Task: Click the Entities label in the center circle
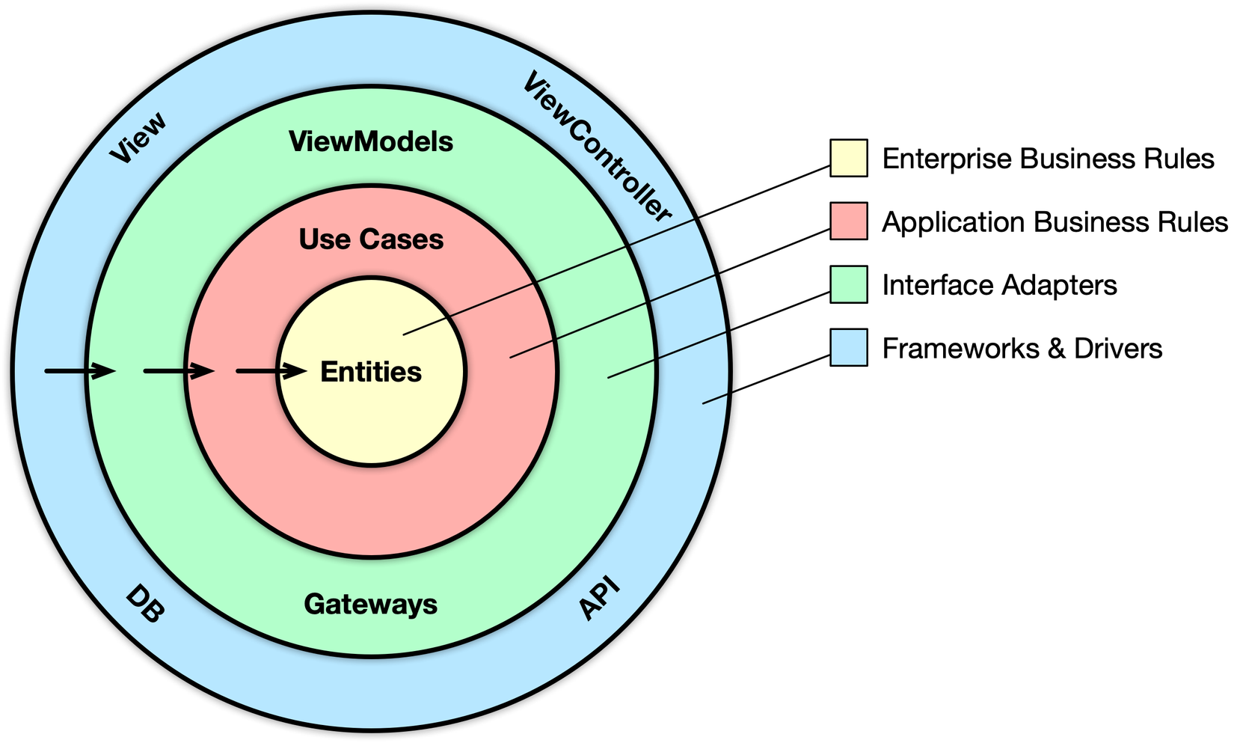click(371, 372)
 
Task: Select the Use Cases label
click(371, 239)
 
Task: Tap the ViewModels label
click(371, 141)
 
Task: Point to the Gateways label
click(371, 604)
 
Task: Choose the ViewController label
click(596, 147)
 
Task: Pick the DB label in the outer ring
click(144, 605)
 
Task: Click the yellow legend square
click(849, 158)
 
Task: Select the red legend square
click(849, 221)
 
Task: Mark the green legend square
click(849, 284)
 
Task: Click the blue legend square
click(849, 347)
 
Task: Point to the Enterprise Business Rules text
click(1048, 159)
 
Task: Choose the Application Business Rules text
click(1055, 222)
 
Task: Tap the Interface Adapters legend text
click(999, 285)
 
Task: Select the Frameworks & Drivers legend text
click(1022, 349)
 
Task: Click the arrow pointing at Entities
click(271, 370)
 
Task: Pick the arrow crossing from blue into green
click(80, 370)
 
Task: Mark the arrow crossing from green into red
click(179, 370)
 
